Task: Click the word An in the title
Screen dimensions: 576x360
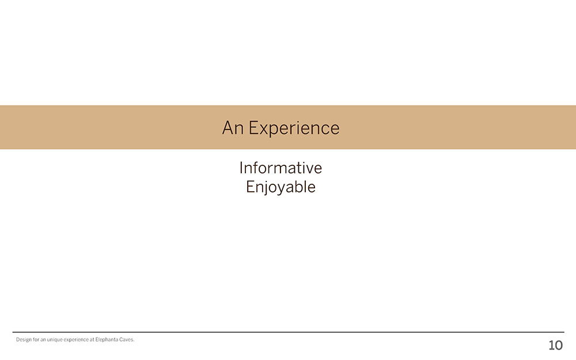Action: click(233, 128)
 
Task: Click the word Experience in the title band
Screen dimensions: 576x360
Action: click(294, 129)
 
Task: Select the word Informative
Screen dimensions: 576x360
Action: click(281, 168)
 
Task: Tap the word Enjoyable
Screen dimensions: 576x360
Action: click(281, 187)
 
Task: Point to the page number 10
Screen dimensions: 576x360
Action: click(555, 345)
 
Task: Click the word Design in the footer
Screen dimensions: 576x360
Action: click(24, 340)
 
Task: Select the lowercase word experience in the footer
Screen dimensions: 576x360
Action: click(75, 340)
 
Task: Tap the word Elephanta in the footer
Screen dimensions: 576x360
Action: click(107, 339)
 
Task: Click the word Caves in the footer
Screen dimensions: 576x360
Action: click(127, 339)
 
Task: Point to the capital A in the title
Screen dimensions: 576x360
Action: click(228, 128)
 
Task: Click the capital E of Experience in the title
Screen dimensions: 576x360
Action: click(253, 128)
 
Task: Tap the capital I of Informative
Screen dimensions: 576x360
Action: click(241, 168)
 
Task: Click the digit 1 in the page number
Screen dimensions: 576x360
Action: click(551, 345)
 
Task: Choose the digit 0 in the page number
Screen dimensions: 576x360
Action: click(559, 345)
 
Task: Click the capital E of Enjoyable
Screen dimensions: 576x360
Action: click(250, 187)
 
